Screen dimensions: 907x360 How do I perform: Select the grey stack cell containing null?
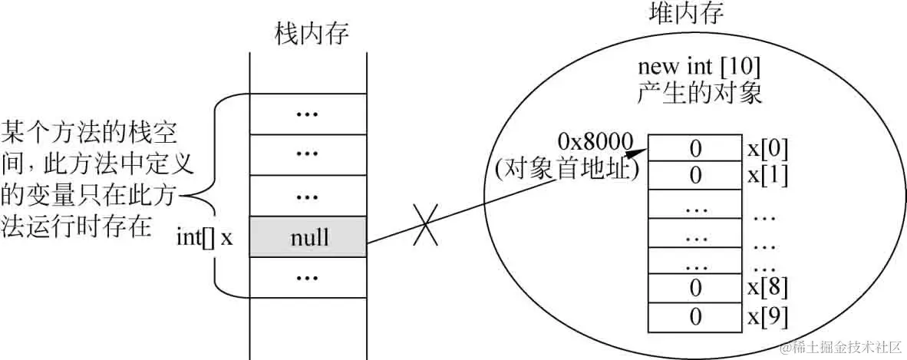click(x=308, y=237)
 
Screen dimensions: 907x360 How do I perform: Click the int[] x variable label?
click(x=204, y=237)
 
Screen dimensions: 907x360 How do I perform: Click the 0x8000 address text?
click(x=595, y=141)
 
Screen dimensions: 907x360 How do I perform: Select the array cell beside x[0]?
click(x=695, y=148)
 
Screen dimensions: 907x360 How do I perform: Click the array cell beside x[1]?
click(x=695, y=176)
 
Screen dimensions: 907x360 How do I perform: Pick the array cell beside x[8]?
click(x=695, y=288)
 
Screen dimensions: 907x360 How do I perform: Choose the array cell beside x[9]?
click(x=695, y=315)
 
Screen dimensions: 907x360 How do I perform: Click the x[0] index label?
click(x=767, y=148)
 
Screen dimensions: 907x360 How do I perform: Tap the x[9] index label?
click(x=767, y=315)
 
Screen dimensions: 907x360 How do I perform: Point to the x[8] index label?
click(x=767, y=288)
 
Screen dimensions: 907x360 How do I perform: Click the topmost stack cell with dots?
click(x=308, y=113)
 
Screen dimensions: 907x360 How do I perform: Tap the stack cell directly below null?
click(x=308, y=276)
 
